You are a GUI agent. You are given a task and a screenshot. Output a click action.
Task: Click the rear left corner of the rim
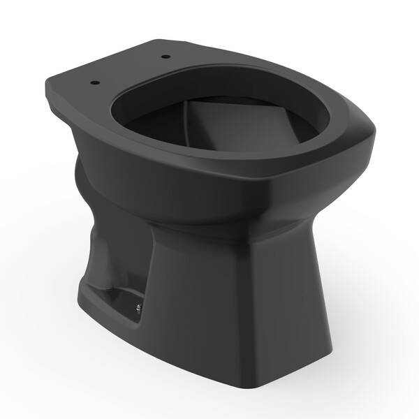point(52,87)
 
